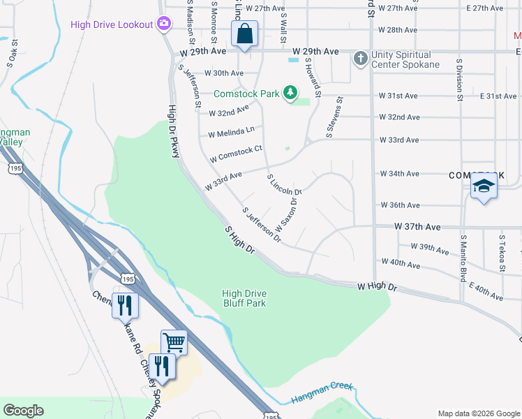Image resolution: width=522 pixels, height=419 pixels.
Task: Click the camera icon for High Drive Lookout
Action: click(164, 24)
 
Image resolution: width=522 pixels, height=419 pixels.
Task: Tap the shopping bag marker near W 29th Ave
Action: click(245, 34)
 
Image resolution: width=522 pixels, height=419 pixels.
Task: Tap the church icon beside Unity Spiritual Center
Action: click(360, 58)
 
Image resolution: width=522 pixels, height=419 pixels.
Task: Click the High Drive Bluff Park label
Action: click(244, 298)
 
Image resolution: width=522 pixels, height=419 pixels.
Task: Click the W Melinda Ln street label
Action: click(231, 131)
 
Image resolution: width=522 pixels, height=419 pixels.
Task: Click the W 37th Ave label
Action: click(417, 227)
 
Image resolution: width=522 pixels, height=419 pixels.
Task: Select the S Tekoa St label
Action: click(502, 253)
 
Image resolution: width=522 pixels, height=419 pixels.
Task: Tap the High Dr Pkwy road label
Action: click(173, 131)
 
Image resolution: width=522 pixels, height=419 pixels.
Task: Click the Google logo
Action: click(24, 411)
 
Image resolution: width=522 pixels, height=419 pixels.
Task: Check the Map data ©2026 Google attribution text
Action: click(478, 413)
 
